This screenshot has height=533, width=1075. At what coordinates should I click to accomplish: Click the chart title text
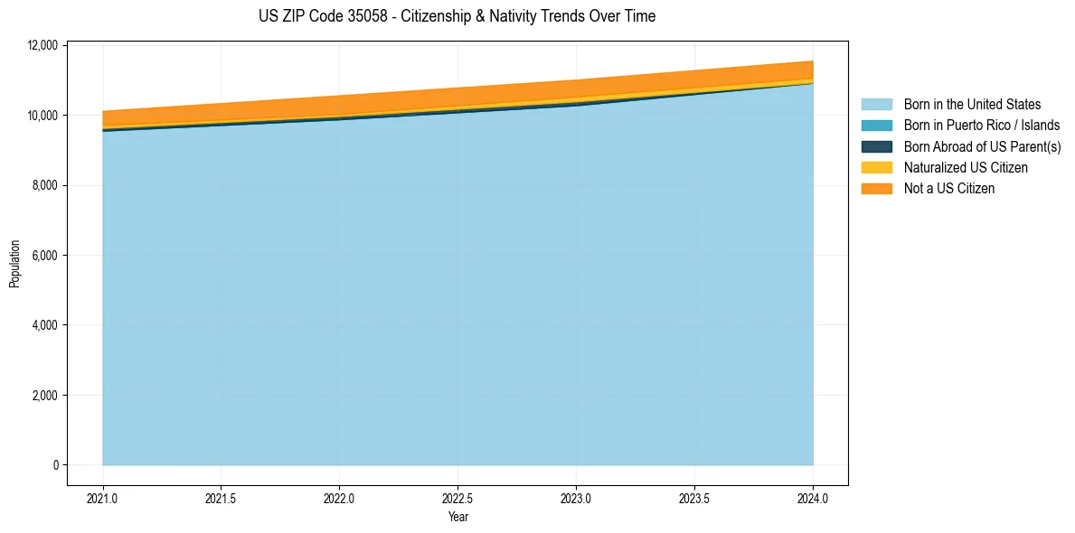pyautogui.click(x=457, y=16)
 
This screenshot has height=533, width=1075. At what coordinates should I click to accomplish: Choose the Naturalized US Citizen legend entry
pyautogui.click(x=966, y=167)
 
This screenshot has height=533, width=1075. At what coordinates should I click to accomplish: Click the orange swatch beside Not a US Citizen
pyautogui.click(x=876, y=188)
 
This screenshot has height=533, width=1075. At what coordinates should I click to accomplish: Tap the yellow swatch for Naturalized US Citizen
pyautogui.click(x=876, y=167)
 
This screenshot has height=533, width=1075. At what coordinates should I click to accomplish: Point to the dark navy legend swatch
pyautogui.click(x=876, y=146)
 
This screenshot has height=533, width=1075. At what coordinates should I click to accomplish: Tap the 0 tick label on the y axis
pyautogui.click(x=55, y=465)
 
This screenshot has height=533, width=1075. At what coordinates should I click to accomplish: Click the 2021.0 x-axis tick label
pyautogui.click(x=103, y=498)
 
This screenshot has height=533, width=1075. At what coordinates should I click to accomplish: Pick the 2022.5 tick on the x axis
pyautogui.click(x=458, y=498)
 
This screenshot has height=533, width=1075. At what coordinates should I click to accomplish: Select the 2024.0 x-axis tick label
pyautogui.click(x=813, y=498)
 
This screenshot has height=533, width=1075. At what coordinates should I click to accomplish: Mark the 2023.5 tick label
pyautogui.click(x=694, y=498)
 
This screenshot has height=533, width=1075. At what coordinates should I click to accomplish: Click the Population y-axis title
pyautogui.click(x=14, y=264)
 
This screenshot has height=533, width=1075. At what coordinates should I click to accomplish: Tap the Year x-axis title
pyautogui.click(x=458, y=517)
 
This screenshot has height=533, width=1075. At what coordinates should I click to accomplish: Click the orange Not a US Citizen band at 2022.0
pyautogui.click(x=340, y=105)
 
